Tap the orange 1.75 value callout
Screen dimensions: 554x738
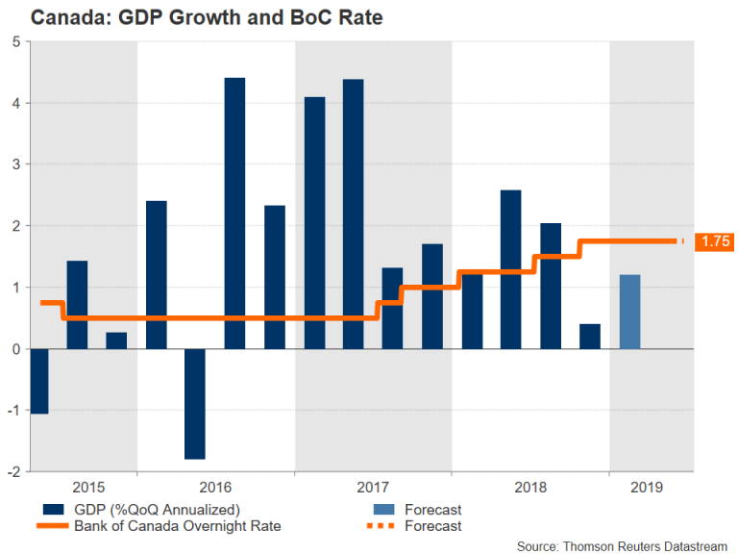(714, 241)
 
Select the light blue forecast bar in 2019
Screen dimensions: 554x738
(630, 312)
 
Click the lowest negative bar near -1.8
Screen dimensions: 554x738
(195, 404)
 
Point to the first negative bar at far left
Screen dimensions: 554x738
(38, 381)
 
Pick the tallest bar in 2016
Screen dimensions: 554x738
(234, 213)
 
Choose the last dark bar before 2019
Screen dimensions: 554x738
(590, 337)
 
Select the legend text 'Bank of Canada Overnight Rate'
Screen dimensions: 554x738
(178, 526)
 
